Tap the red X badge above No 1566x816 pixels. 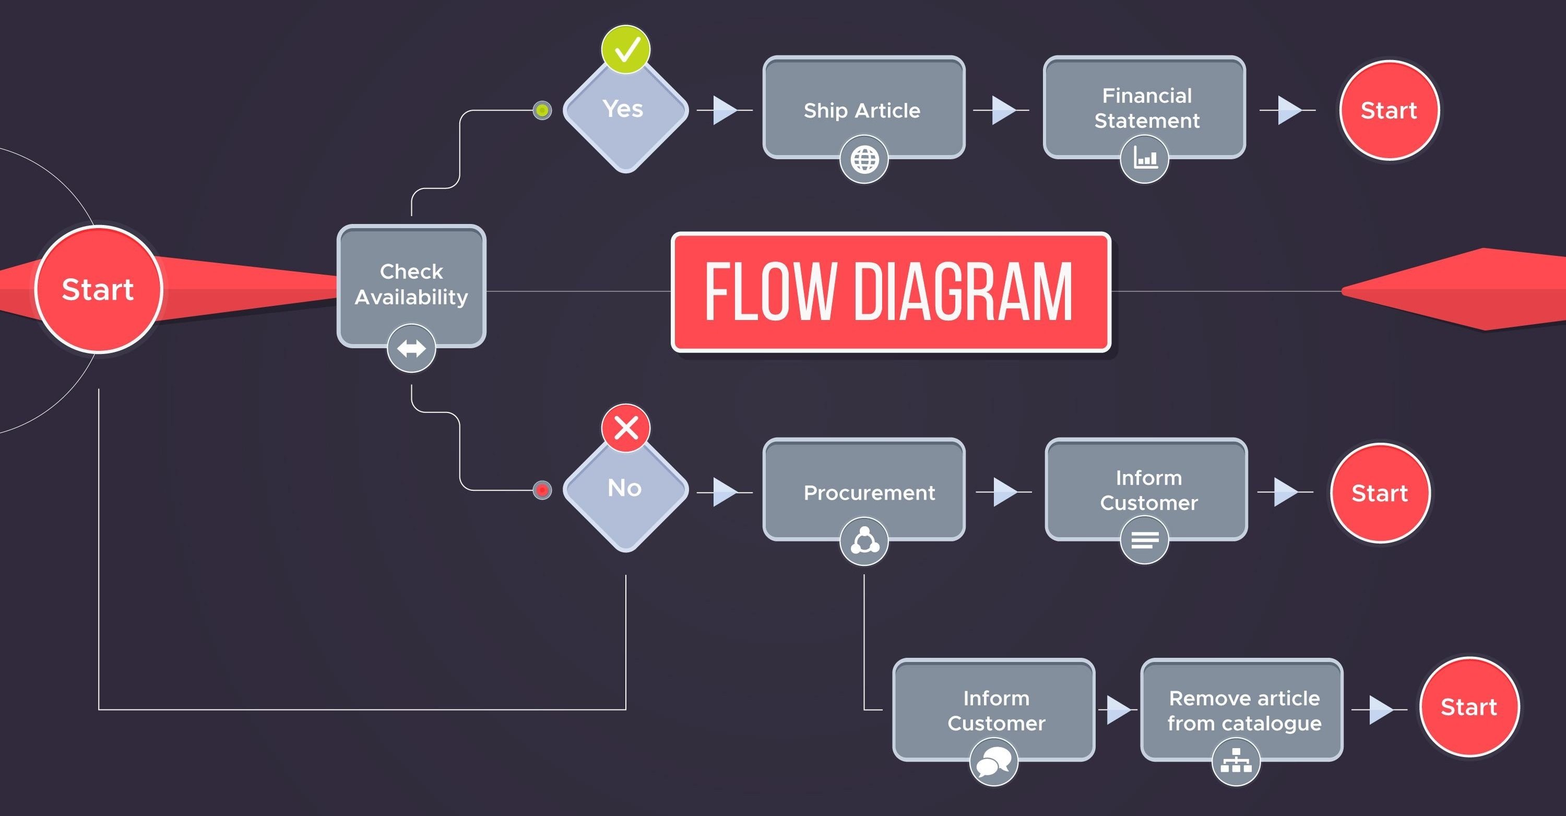tap(625, 428)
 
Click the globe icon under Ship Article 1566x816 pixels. tap(864, 160)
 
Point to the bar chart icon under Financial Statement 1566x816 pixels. tap(1145, 159)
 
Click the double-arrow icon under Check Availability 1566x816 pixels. tap(411, 348)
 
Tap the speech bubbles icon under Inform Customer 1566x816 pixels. tap(993, 762)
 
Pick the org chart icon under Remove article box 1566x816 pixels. tap(1236, 761)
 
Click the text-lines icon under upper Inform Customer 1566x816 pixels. tap(1145, 540)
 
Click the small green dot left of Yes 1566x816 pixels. tap(542, 110)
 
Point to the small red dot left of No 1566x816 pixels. tap(542, 490)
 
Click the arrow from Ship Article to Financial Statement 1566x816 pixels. tap(1003, 110)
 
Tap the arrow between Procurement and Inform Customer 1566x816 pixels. tap(1004, 491)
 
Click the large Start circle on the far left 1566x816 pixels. tap(99, 289)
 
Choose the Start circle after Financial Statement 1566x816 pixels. tap(1389, 111)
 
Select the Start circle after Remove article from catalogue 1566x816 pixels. tap(1469, 707)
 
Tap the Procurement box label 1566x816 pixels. tap(869, 492)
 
